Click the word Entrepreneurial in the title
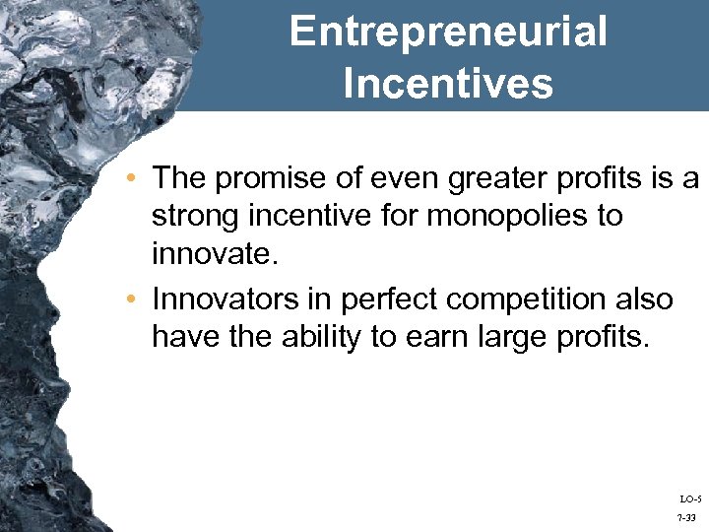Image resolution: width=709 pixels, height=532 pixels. click(448, 33)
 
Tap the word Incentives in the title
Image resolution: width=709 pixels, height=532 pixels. click(448, 83)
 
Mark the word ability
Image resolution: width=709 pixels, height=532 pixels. click(326, 337)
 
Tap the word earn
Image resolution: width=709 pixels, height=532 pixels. click(432, 337)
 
